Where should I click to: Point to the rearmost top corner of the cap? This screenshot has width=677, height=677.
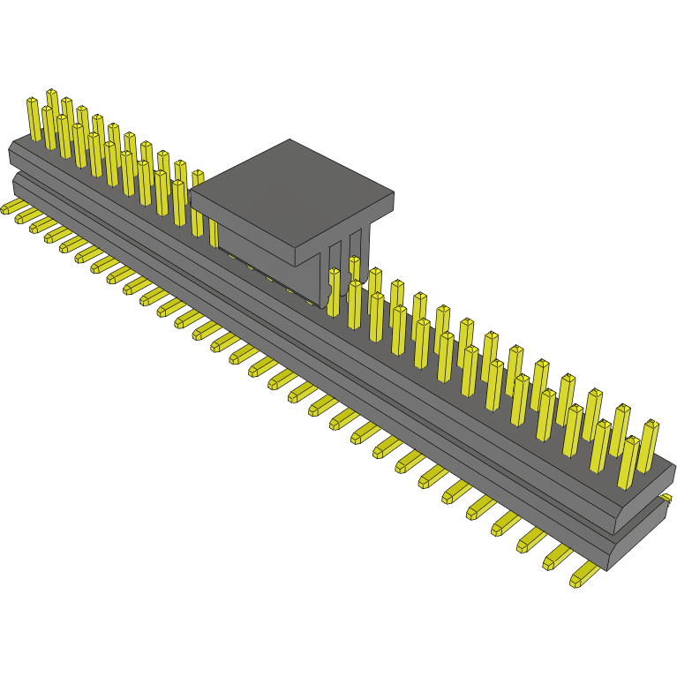[x=290, y=140]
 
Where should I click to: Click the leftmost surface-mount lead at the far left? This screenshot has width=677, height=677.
[x=11, y=207]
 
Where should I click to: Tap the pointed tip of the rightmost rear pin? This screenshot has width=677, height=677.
[x=651, y=424]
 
